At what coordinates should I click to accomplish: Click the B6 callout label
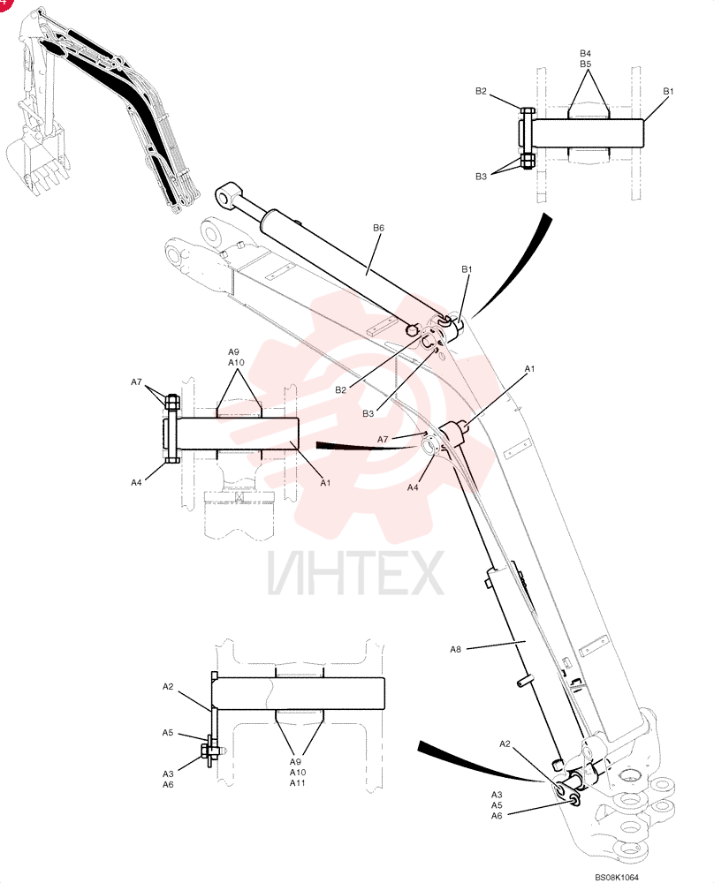pyautogui.click(x=378, y=228)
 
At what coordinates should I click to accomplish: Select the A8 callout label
pyautogui.click(x=455, y=649)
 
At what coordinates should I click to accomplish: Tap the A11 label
pyautogui.click(x=298, y=782)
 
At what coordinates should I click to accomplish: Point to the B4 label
pyautogui.click(x=586, y=54)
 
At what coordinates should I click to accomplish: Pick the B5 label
pyautogui.click(x=586, y=64)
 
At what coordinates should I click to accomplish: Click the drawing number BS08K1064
pyautogui.click(x=617, y=878)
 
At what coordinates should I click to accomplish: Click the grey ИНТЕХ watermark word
pyautogui.click(x=355, y=573)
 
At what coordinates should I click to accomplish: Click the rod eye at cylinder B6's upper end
pyautogui.click(x=228, y=193)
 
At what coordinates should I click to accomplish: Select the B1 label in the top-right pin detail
pyautogui.click(x=668, y=91)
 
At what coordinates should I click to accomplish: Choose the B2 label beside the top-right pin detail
pyautogui.click(x=481, y=91)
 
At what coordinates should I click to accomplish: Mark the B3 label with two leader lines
pyautogui.click(x=481, y=177)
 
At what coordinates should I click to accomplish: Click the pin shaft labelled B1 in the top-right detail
pyautogui.click(x=587, y=133)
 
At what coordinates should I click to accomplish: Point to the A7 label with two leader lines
pyautogui.click(x=136, y=381)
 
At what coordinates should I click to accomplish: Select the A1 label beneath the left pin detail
pyautogui.click(x=325, y=483)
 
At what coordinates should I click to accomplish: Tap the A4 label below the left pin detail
pyautogui.click(x=136, y=483)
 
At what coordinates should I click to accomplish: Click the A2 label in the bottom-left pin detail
pyautogui.click(x=168, y=686)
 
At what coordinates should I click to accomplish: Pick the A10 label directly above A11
pyautogui.click(x=298, y=772)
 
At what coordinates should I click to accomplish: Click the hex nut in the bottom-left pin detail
pyautogui.click(x=205, y=751)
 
